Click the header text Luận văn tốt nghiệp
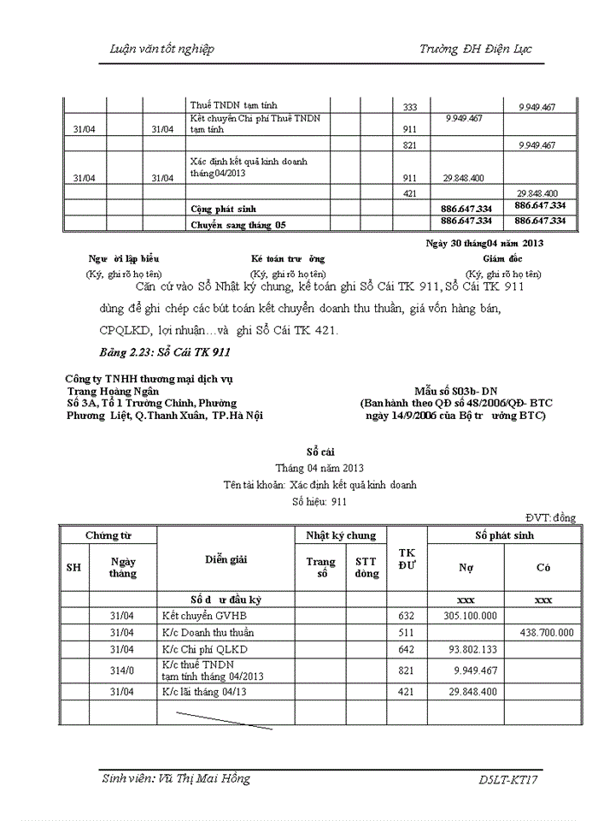[x=162, y=49]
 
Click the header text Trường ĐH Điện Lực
[x=475, y=49]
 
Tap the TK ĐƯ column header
[x=407, y=559]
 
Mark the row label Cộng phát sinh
[x=223, y=209]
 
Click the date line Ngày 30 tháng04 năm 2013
[x=484, y=242]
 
